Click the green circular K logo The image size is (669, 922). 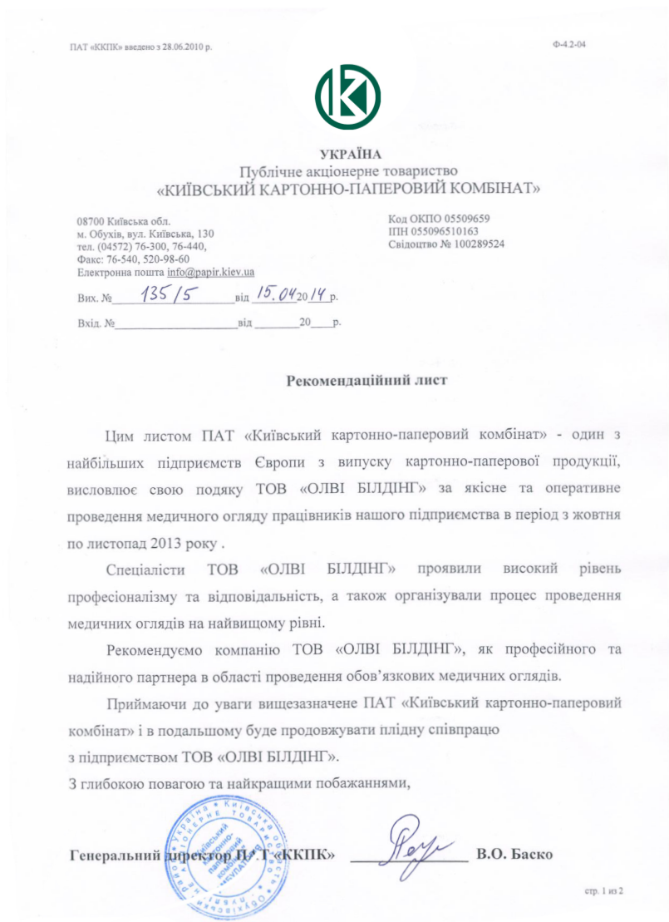[x=347, y=96]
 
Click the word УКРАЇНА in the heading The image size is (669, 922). [x=348, y=154]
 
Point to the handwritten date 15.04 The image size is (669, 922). [x=277, y=293]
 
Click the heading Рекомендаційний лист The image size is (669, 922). [x=366, y=382]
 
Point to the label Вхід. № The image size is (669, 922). [x=96, y=321]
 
